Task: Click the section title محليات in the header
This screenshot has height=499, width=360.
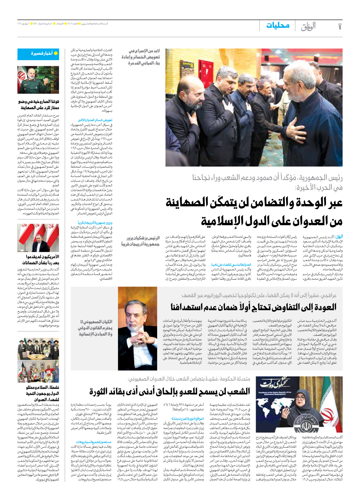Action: tap(278, 26)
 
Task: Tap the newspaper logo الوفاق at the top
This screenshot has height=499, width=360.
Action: tap(308, 26)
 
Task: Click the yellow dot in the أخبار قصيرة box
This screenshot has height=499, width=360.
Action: tap(56, 53)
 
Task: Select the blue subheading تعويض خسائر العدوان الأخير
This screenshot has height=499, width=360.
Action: tap(95, 120)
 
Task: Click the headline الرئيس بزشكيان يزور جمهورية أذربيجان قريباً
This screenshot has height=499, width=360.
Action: tap(141, 241)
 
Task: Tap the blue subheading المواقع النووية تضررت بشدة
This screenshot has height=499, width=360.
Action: tap(188, 419)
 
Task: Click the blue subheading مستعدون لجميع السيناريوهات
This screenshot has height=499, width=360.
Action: tap(94, 442)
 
